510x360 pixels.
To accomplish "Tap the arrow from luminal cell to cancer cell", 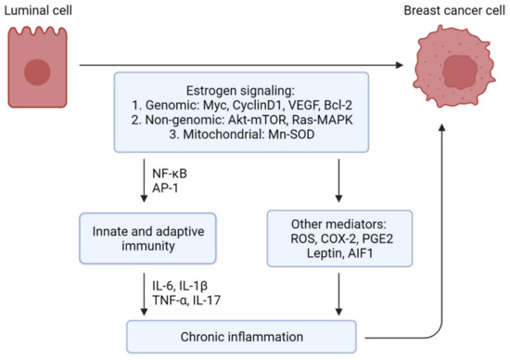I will (x=241, y=65).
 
